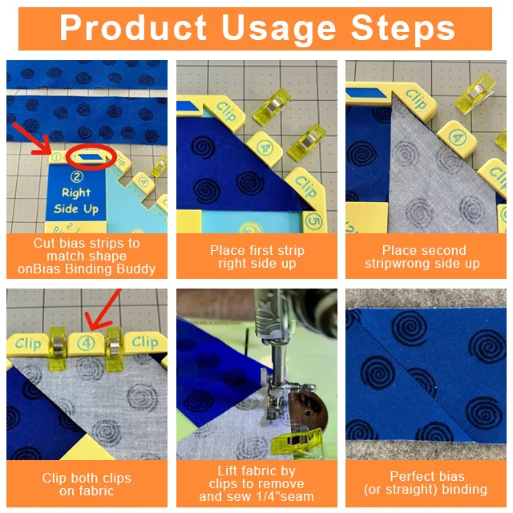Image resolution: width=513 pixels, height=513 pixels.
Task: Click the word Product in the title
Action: click(133, 28)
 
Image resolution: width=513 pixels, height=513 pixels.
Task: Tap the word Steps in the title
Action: click(402, 28)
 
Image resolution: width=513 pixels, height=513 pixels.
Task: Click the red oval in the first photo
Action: click(91, 156)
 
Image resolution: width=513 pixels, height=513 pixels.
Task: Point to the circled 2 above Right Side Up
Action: click(77, 176)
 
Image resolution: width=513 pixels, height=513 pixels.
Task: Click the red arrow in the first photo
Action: click(32, 139)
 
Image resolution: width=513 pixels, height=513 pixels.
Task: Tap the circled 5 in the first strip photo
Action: click(313, 221)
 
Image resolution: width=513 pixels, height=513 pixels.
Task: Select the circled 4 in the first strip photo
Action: click(264, 147)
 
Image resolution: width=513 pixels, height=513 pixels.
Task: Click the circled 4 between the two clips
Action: click(86, 343)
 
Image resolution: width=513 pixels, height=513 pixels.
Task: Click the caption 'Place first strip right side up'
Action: click(257, 256)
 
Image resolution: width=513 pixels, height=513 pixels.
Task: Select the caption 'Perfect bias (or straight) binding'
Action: click(426, 483)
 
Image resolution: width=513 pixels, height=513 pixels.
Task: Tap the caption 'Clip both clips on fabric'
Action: click(87, 484)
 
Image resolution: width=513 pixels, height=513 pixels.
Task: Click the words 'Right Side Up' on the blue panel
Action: click(76, 201)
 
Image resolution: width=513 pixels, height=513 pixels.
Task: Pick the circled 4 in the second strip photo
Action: click(456, 137)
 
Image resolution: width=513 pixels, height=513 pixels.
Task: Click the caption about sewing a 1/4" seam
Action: click(256, 484)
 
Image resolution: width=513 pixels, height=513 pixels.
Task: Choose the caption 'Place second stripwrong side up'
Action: click(422, 256)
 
